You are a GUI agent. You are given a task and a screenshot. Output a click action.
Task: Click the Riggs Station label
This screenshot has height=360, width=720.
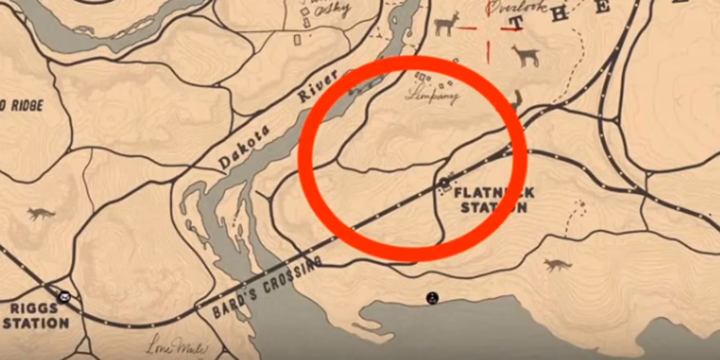coord(35,316)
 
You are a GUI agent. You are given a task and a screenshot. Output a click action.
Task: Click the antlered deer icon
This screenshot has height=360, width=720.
coord(446,24)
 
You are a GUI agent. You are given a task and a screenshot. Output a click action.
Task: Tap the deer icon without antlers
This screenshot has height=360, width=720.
coord(525,55)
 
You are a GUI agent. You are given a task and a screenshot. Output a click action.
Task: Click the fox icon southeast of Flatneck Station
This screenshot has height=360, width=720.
coord(558,265)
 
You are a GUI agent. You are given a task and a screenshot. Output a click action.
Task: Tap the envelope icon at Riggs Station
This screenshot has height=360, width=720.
coord(64,297)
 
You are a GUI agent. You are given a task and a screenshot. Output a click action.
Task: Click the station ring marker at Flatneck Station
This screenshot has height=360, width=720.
coord(443,183)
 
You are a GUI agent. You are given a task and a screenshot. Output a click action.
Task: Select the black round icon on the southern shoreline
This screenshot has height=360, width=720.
coord(432,298)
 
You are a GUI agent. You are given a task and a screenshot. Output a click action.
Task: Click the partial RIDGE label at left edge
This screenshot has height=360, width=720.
coord(22,105)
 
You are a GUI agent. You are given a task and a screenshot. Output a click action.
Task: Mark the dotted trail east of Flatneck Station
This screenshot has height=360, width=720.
coord(574,219)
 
